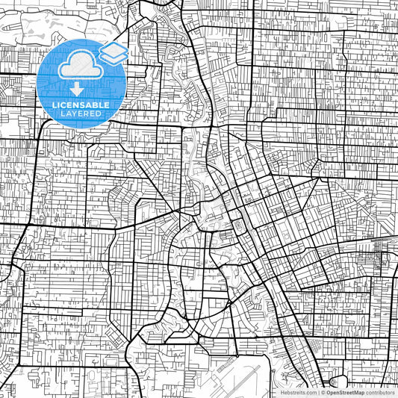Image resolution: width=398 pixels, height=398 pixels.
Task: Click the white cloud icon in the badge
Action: [80, 66]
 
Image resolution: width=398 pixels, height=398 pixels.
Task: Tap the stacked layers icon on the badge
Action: [114, 54]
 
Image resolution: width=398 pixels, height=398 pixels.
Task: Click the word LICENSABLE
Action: [80, 105]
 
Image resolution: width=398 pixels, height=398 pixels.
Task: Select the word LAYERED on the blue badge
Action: [80, 113]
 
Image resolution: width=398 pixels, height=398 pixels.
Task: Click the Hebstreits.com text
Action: [297, 392]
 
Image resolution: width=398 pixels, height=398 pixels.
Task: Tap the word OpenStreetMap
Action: [344, 392]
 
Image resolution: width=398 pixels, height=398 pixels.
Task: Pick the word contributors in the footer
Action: [381, 392]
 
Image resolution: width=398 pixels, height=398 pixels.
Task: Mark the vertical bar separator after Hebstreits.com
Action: [317, 392]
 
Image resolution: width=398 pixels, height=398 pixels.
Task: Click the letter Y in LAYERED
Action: [72, 113]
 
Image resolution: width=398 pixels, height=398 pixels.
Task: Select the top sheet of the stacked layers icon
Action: [114, 49]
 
